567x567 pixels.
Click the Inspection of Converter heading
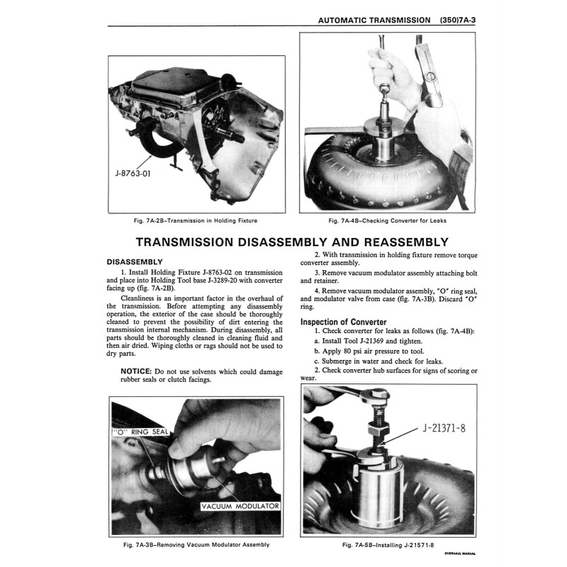(344, 322)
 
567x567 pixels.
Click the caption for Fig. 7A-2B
(187, 220)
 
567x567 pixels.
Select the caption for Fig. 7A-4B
(387, 220)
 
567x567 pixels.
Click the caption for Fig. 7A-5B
(387, 544)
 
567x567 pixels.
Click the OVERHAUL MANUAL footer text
(460, 553)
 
